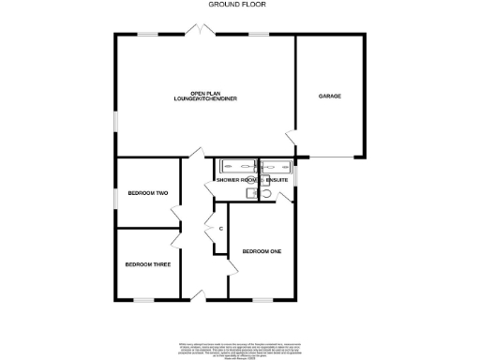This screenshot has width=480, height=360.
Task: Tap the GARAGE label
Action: click(329, 97)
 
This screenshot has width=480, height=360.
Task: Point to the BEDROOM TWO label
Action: click(147, 194)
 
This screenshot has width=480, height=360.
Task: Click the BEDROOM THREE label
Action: click(147, 264)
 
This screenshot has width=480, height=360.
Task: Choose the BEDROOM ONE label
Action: click(262, 251)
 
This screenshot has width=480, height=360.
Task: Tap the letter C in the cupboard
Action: click(220, 228)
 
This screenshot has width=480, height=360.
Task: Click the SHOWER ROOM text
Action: click(234, 179)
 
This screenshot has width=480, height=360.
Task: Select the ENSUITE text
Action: click(278, 179)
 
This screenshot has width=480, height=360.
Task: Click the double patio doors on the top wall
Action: click(199, 32)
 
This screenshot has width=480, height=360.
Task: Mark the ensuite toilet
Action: click(265, 193)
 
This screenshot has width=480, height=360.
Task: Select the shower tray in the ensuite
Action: click(277, 167)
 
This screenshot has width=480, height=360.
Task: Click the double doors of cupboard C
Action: click(208, 228)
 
